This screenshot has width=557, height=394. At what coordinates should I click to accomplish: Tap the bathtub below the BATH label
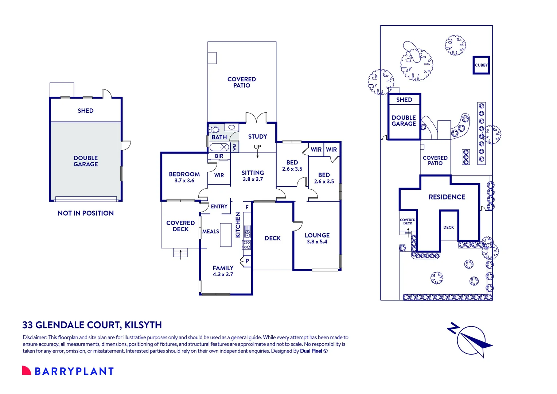219,147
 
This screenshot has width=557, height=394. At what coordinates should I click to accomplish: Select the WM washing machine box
234,147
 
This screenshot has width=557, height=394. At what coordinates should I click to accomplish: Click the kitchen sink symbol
247,231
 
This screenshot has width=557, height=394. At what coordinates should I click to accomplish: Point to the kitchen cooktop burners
247,244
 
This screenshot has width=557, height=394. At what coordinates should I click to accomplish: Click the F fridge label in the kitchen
247,207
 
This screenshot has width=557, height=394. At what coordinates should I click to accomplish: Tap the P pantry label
247,261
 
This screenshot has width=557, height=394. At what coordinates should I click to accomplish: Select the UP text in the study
257,147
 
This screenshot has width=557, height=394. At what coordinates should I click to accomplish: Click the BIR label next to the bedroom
219,156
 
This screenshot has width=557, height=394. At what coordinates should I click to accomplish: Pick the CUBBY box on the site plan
481,65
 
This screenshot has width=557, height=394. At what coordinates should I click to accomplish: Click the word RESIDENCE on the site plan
447,197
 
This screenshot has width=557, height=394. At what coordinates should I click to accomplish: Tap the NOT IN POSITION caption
86,213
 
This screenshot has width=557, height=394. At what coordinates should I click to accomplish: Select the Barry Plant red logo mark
26,371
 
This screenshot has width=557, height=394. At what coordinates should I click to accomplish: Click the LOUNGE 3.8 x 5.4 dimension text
317,242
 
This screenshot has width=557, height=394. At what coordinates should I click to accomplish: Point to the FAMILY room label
223,268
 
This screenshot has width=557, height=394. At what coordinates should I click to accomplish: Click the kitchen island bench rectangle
226,235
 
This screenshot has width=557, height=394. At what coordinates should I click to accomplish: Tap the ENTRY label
219,206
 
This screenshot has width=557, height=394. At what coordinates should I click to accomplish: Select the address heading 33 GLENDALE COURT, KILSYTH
92,325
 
